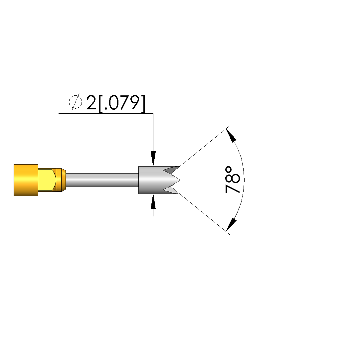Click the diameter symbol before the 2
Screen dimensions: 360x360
[x=75, y=102]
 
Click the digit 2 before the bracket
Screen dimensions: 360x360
[x=91, y=103]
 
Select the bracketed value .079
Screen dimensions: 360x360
[x=122, y=104]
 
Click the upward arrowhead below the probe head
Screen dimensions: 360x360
[x=153, y=201]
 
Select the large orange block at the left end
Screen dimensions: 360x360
[x=26, y=180]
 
